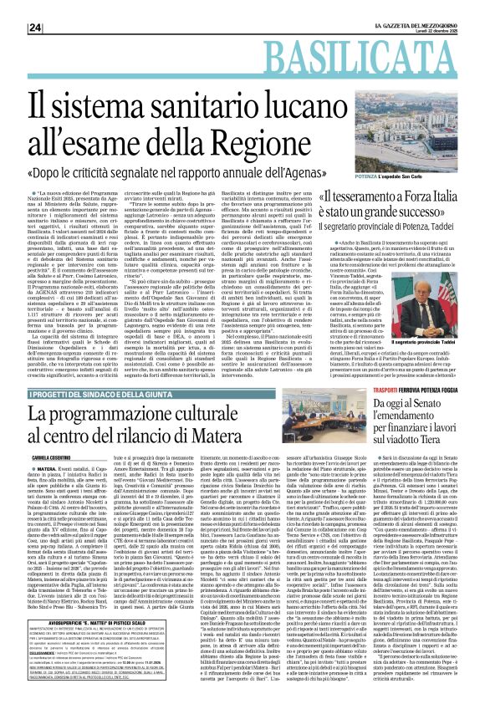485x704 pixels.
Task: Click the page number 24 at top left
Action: (x=13, y=7)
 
